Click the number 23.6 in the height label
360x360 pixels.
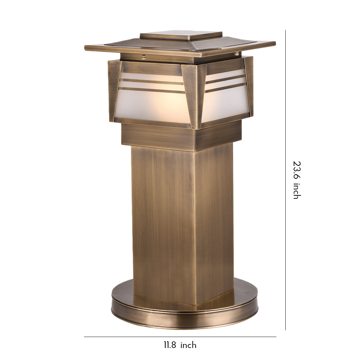(296, 170)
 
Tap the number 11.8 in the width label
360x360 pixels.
(170, 345)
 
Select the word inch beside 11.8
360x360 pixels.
(188, 345)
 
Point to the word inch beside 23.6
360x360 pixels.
(296, 192)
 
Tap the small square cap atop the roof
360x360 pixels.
(181, 35)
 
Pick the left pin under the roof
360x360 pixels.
(144, 57)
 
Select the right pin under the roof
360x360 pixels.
(236, 54)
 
